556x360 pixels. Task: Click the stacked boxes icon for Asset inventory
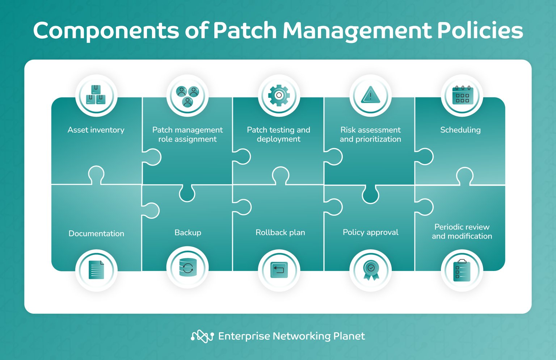[x=96, y=95]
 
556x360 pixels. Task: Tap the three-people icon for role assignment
[x=188, y=96]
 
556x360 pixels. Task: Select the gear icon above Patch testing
[x=279, y=96]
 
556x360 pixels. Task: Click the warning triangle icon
[x=370, y=96]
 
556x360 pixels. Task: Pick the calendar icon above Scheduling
[x=462, y=96]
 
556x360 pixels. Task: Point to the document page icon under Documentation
[x=96, y=270]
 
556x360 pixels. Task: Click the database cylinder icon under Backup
[x=188, y=268]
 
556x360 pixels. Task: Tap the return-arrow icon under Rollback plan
[x=279, y=270]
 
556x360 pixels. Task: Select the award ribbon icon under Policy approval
[x=371, y=270]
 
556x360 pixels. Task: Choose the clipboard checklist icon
[x=462, y=271]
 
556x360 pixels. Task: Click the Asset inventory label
[x=96, y=130]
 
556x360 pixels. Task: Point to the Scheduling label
[x=460, y=130]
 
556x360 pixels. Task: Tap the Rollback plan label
[x=280, y=233]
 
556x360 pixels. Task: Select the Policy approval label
[x=370, y=233]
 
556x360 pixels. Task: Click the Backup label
[x=188, y=233]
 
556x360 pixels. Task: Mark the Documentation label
[x=96, y=234]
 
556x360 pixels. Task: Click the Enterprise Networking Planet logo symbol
[x=202, y=336]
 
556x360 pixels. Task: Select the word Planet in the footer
[x=349, y=336]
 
